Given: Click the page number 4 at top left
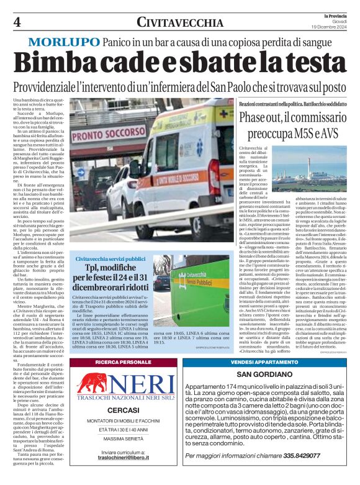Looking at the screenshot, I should [x=17, y=22].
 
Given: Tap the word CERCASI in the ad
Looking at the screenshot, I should [x=122, y=410].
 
